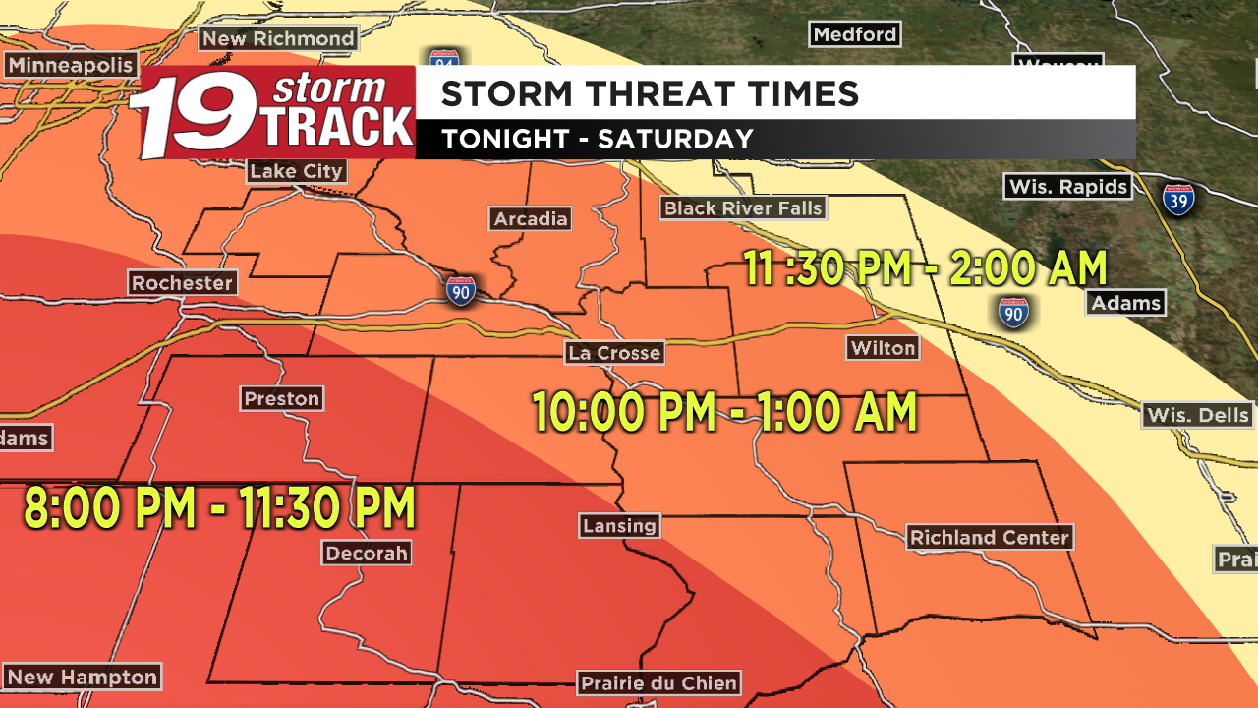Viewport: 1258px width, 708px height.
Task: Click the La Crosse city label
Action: [613, 353]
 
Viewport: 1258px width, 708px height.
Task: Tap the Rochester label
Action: [183, 283]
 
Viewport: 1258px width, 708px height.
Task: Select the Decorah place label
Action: [367, 554]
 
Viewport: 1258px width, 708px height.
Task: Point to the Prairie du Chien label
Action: [658, 683]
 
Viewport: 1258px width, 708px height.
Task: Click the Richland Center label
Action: [989, 538]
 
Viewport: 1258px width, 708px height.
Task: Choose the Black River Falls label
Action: [742, 207]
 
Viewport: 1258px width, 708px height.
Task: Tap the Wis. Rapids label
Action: [1067, 187]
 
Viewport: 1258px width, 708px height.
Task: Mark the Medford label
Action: [855, 34]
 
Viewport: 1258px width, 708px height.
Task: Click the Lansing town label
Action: [619, 525]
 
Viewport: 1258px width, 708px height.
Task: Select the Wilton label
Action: [883, 348]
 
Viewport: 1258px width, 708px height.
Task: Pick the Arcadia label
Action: [531, 218]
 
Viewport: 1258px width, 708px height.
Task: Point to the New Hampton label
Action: [82, 678]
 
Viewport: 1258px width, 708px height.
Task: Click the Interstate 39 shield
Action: [1178, 200]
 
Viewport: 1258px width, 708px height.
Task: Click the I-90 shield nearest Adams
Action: [1013, 313]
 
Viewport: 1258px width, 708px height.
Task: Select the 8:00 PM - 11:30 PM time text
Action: [219, 509]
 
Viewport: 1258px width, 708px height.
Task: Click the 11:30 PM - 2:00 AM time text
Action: [925, 268]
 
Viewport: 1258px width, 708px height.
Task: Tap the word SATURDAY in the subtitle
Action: [675, 140]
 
